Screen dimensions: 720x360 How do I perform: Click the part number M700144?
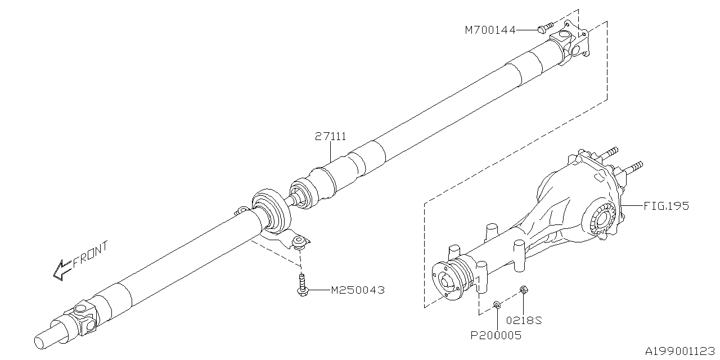click(490, 30)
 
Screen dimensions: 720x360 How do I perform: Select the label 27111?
click(331, 137)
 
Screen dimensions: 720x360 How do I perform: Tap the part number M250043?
click(358, 291)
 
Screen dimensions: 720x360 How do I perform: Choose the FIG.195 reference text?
click(667, 206)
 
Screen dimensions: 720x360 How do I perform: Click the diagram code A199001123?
click(679, 351)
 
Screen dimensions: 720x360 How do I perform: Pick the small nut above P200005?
click(497, 305)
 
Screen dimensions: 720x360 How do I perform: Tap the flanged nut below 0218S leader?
click(523, 290)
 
